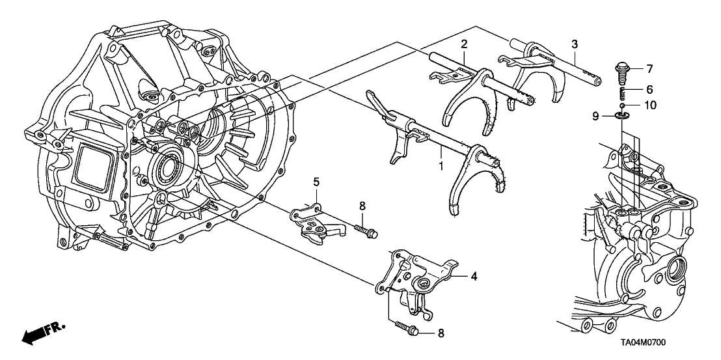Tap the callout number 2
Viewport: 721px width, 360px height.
click(464, 44)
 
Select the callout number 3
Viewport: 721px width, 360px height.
click(574, 44)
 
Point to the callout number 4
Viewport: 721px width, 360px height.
click(474, 276)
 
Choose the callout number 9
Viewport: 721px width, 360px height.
click(594, 116)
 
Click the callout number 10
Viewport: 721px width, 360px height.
click(651, 104)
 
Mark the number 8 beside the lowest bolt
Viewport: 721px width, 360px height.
click(441, 333)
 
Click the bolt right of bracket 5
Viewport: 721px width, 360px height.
click(366, 230)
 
